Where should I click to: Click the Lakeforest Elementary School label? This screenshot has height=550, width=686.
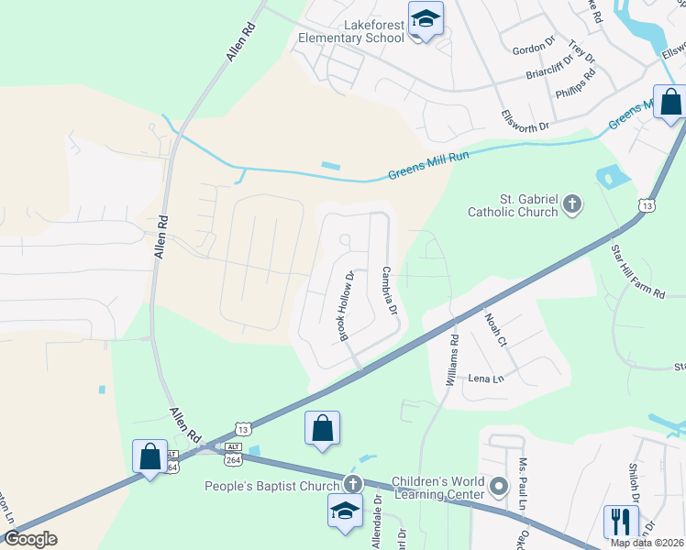click(x=351, y=31)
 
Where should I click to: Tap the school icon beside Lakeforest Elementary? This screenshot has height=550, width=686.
click(x=426, y=20)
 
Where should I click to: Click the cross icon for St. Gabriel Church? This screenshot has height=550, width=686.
click(x=572, y=203)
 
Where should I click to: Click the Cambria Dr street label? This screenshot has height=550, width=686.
click(x=389, y=291)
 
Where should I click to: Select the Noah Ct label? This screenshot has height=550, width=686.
click(x=495, y=328)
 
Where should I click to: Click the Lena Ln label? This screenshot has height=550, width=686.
click(x=486, y=379)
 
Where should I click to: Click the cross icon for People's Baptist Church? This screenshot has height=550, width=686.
click(x=351, y=484)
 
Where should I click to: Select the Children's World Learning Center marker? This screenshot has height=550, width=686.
click(x=498, y=485)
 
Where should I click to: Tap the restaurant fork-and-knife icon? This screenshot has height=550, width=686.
click(x=621, y=522)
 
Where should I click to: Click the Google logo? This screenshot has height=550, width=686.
click(x=30, y=538)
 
